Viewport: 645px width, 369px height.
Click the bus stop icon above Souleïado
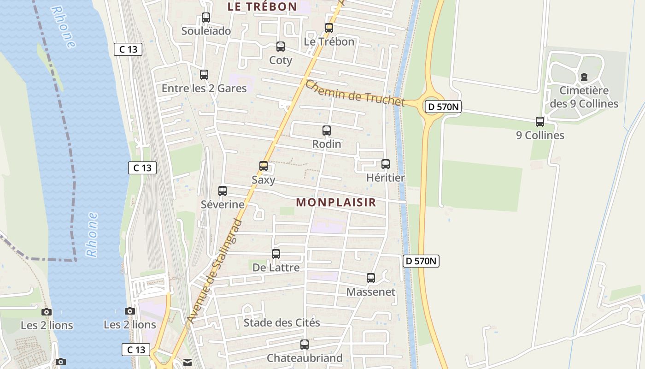coord(206,18)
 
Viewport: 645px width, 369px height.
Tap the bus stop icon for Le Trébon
coord(329,28)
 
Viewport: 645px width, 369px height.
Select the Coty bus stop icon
coord(281,47)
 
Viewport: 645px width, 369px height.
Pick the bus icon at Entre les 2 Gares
coord(204,74)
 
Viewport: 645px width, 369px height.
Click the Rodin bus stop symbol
coord(327,131)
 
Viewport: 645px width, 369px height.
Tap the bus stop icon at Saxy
coord(264,166)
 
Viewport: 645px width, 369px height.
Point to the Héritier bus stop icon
coord(386,164)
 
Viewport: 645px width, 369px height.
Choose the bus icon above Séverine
coord(223,190)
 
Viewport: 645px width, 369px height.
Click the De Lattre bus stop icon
coord(276,254)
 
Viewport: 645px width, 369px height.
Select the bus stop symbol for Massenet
coord(371,278)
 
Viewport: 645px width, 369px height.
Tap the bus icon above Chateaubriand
coord(305,345)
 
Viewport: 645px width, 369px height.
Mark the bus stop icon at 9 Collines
coord(540,122)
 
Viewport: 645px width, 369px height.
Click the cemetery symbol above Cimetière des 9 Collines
coord(584,77)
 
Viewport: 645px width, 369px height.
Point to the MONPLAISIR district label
coord(336,202)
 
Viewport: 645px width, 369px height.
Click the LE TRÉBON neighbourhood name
coord(262,6)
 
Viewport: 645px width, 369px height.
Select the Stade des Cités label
coord(281,322)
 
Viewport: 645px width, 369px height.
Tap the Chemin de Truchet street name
coord(355,94)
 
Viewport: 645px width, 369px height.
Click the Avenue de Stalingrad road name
coord(215,271)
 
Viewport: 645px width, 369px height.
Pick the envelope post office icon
coord(188,363)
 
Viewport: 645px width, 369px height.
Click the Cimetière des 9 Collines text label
coord(584,97)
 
